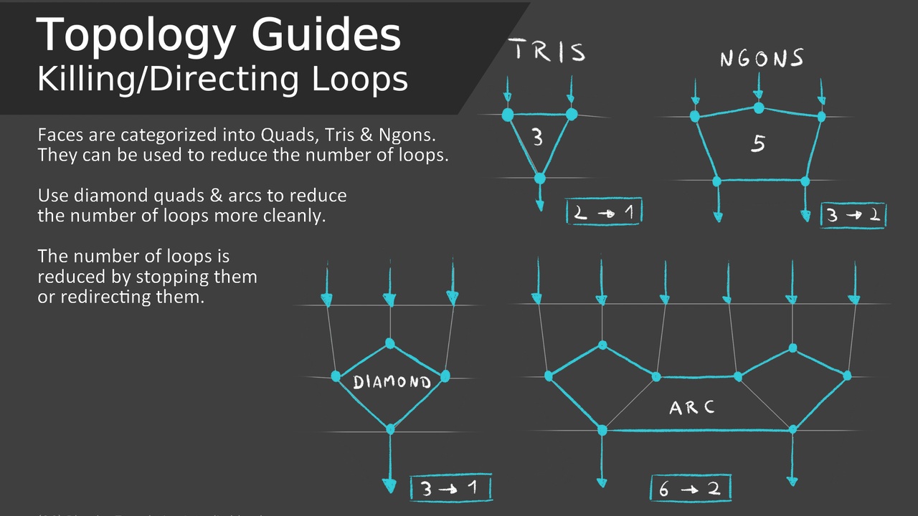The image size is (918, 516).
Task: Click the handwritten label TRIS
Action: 549,52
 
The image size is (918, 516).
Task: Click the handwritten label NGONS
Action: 761,58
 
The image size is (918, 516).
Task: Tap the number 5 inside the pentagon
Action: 758,144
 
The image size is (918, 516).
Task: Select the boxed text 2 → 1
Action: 603,212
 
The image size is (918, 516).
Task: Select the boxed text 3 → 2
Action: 853,215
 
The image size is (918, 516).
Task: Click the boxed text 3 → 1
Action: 451,489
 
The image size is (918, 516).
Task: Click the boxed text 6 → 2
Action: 690,489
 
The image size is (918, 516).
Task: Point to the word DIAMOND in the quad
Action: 392,382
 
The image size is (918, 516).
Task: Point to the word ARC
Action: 691,408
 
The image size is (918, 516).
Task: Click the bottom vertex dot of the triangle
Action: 540,178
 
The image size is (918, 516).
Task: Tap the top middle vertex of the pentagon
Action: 758,108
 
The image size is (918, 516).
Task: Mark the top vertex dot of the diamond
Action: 390,343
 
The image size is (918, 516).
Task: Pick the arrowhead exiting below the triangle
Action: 540,206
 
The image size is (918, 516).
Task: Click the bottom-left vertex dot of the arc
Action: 602,430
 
